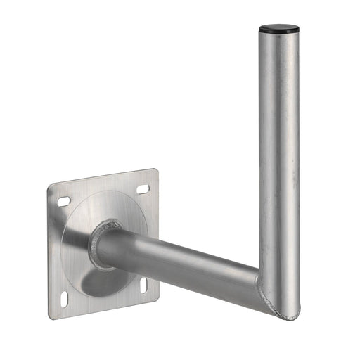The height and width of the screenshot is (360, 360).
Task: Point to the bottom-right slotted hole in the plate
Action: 144,285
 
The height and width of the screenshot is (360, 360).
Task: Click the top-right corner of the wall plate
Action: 155,171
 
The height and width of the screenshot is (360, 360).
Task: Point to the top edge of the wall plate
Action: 103,178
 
